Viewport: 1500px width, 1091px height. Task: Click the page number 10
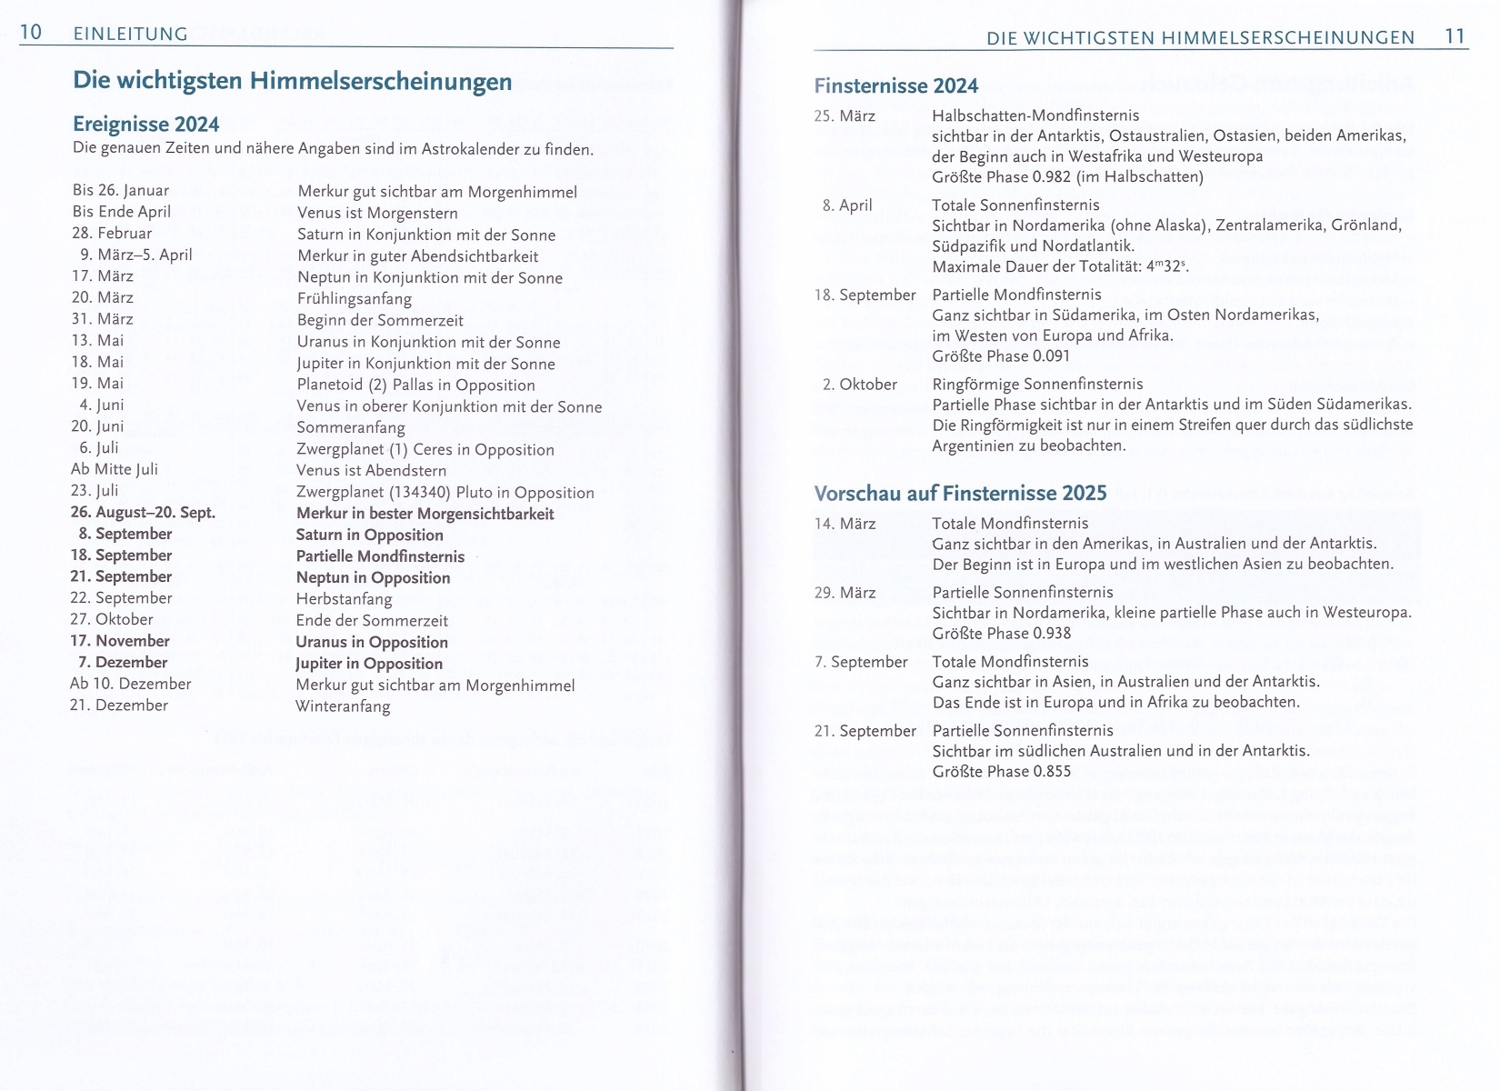(x=31, y=33)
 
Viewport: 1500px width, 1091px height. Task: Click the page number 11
(x=1455, y=36)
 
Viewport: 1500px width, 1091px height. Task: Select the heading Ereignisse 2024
(x=145, y=124)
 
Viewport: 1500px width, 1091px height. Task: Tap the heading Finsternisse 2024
(x=896, y=86)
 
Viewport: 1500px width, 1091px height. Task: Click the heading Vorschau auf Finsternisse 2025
(x=960, y=493)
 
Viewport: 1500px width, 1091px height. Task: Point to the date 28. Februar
(x=112, y=234)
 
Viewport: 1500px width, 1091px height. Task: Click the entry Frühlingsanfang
(x=354, y=299)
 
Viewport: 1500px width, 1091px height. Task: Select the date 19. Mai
(x=97, y=383)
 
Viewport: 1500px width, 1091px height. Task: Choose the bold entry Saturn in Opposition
(x=369, y=535)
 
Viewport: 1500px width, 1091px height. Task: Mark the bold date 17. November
(x=120, y=641)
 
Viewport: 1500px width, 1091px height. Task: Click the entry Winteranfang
(x=343, y=706)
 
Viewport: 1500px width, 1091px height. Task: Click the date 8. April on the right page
(x=846, y=205)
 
